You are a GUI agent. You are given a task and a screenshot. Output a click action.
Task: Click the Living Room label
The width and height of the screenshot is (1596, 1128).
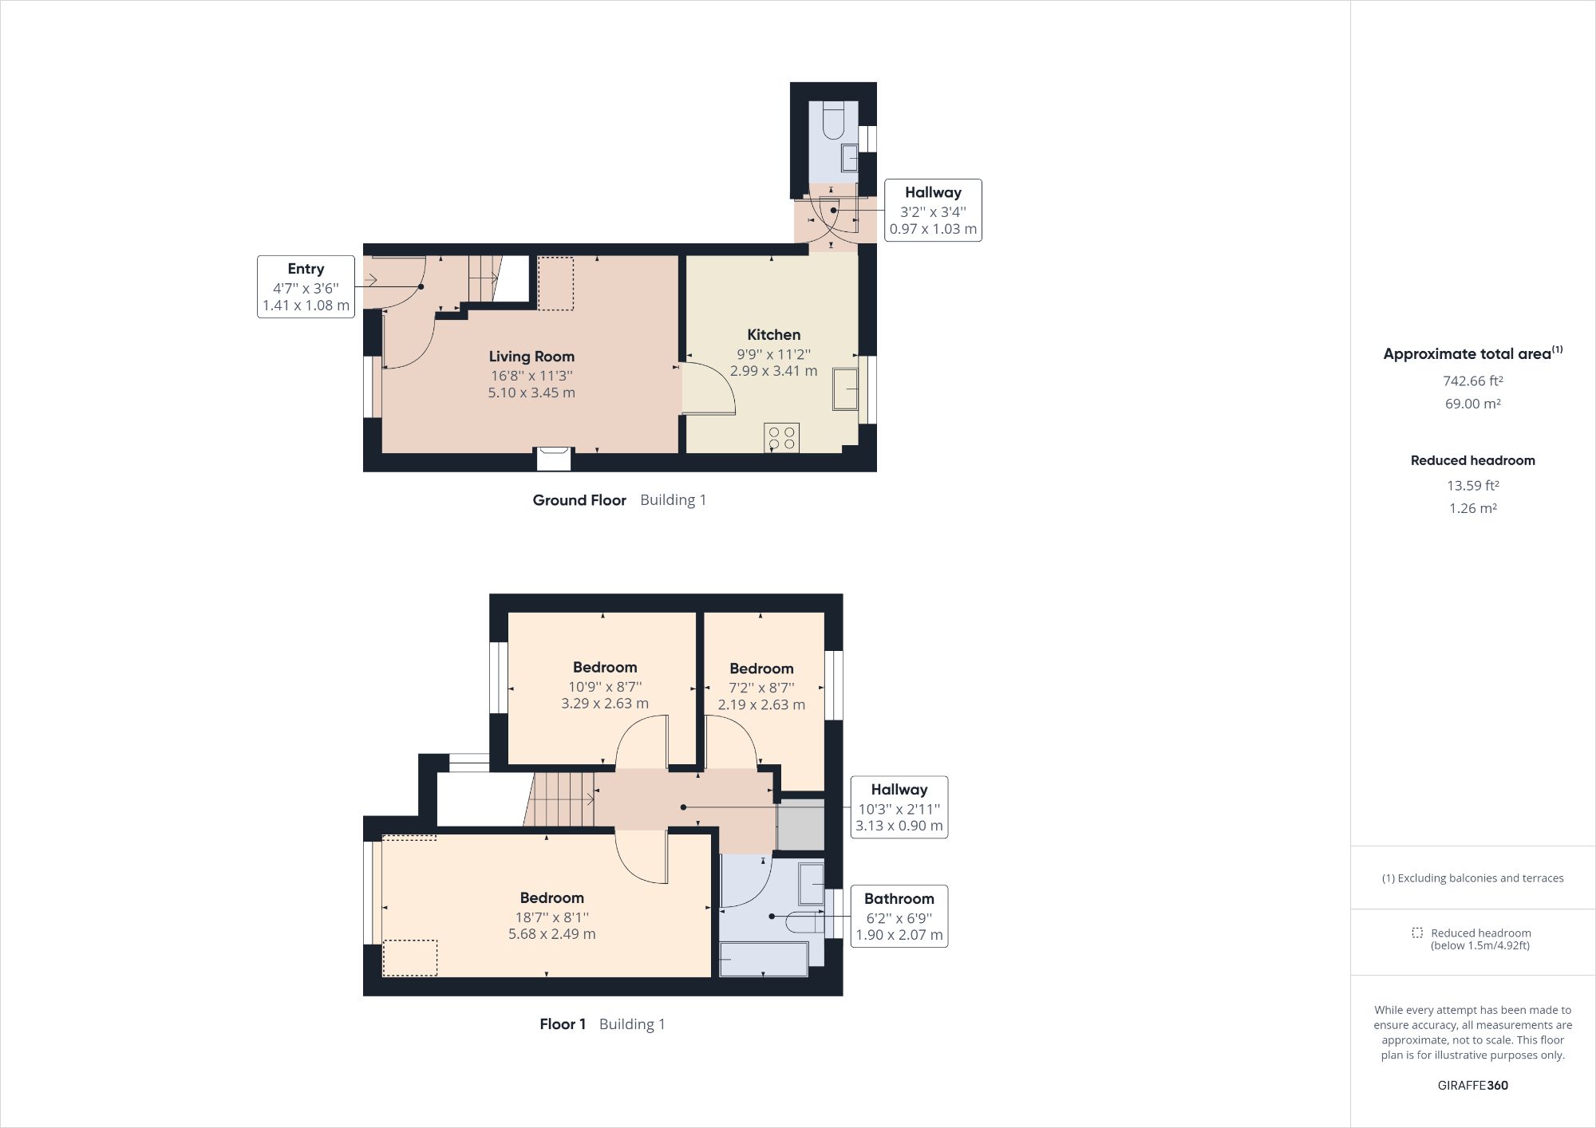[531, 357]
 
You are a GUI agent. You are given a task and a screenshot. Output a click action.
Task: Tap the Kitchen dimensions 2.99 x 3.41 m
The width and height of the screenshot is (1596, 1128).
[773, 371]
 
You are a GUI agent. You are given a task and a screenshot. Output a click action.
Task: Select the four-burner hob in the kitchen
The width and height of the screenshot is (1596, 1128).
[781, 437]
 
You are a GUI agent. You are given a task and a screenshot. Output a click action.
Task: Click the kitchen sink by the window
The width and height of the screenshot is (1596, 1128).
[845, 388]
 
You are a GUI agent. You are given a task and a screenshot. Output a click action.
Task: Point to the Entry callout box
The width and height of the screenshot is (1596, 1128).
[306, 287]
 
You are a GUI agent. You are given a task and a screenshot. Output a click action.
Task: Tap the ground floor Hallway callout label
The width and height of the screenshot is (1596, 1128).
[933, 192]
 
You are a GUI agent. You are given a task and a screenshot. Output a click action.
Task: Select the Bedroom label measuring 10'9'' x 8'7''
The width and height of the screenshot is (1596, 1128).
[605, 668]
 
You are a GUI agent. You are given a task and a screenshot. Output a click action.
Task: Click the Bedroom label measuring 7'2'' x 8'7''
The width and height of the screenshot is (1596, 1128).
[761, 669]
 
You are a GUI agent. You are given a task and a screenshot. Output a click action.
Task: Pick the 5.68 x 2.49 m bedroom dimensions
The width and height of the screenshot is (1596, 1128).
[551, 934]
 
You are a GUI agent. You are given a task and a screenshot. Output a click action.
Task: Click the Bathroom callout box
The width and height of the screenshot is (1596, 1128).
[899, 916]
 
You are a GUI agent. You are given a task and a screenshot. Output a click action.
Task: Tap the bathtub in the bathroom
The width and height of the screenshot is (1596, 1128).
[764, 959]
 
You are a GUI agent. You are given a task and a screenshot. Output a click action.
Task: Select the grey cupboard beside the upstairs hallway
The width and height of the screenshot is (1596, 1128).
[800, 825]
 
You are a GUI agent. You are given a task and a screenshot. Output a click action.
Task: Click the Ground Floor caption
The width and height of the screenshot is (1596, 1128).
[579, 500]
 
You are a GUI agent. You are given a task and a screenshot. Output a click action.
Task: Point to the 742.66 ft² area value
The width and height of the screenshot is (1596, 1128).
[1472, 381]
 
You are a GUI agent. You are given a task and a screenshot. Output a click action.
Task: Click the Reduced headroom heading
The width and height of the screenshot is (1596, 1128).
[1472, 460]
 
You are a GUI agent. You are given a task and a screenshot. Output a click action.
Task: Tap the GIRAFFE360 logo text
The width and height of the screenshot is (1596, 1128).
[1472, 1085]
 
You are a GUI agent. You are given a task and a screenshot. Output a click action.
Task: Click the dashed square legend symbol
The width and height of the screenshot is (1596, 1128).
[1417, 933]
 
